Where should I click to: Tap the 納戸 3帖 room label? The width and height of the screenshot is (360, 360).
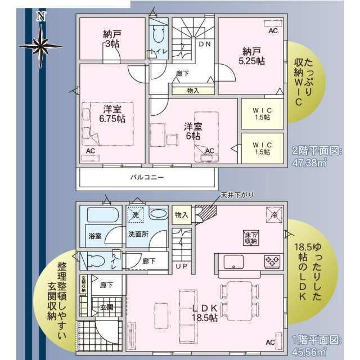(x=112, y=38)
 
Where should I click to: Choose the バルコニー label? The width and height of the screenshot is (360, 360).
(x=147, y=177)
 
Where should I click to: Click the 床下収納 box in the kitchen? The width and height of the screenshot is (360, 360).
(x=251, y=237)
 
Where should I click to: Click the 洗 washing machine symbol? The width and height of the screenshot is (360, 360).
(x=135, y=214)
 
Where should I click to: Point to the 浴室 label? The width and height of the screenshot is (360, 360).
(x=94, y=235)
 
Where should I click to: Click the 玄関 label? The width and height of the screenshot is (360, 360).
(x=106, y=307)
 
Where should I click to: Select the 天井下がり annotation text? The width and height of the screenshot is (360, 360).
(x=236, y=195)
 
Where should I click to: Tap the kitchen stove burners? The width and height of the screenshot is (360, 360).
(x=273, y=261)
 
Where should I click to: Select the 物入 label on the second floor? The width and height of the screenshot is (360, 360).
(x=192, y=90)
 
